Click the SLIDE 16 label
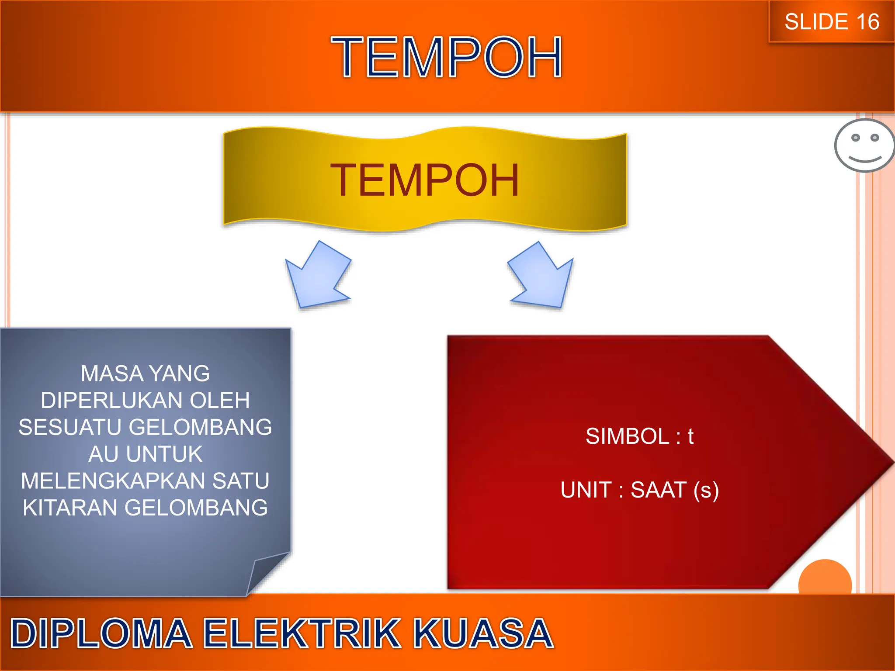832,22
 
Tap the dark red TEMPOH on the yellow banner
425,180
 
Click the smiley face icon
864,146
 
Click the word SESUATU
70,427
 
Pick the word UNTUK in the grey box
164,454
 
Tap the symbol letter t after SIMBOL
690,436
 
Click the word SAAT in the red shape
658,490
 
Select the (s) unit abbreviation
706,490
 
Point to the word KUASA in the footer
483,633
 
